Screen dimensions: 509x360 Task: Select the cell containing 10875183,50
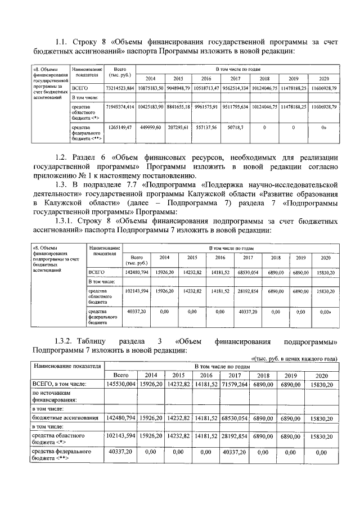[x=150, y=89]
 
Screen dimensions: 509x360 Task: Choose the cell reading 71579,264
[x=232, y=384]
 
